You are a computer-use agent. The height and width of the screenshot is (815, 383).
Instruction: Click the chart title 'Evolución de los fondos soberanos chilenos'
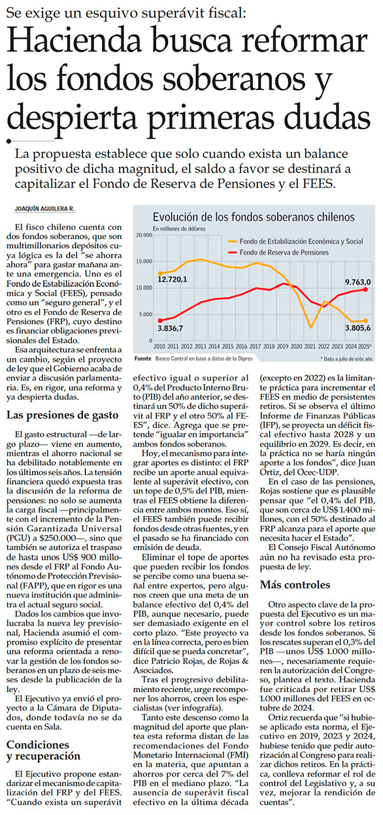pyautogui.click(x=254, y=217)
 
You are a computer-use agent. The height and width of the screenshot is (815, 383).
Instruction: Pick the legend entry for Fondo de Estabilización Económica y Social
pyautogui.click(x=295, y=241)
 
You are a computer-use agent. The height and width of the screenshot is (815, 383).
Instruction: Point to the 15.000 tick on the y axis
pyautogui.click(x=144, y=262)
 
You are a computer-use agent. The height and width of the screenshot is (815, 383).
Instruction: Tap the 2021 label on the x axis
pyautogui.click(x=310, y=347)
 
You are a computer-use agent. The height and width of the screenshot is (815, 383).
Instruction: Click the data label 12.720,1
pyautogui.click(x=172, y=280)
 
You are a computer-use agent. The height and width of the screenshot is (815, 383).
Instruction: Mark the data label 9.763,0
pyautogui.click(x=358, y=282)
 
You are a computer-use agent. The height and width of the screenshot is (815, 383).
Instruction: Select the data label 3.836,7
pyautogui.click(x=170, y=328)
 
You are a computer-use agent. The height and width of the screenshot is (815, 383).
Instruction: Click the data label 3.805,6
pyautogui.click(x=358, y=328)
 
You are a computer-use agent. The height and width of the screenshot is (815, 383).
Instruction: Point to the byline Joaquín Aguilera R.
pyautogui.click(x=44, y=209)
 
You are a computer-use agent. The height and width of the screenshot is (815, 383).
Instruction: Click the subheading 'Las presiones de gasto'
pyautogui.click(x=62, y=415)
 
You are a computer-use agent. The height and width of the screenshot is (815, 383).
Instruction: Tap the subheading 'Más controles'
pyautogui.click(x=295, y=584)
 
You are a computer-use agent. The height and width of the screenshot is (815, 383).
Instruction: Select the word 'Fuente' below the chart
pyautogui.click(x=142, y=359)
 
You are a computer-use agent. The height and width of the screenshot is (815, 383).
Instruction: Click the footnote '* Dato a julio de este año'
pyautogui.click(x=346, y=359)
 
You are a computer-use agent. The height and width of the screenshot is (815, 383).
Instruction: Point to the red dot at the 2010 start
pyautogui.click(x=160, y=321)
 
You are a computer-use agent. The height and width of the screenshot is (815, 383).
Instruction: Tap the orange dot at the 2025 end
pyautogui.click(x=365, y=321)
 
